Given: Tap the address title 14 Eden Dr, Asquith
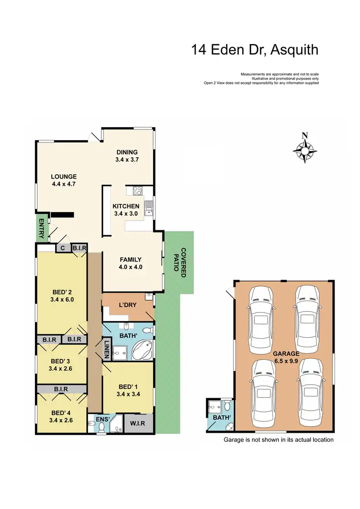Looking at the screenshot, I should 254,49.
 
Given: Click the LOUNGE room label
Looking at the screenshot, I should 64,179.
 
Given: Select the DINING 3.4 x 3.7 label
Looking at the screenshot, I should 127,156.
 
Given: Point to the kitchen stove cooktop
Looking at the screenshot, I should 137,190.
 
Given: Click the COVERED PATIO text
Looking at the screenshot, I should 182,263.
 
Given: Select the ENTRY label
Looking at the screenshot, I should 41,228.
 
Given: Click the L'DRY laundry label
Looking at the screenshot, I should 128,306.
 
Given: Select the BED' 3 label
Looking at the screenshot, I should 61,364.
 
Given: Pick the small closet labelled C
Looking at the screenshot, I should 62,248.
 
